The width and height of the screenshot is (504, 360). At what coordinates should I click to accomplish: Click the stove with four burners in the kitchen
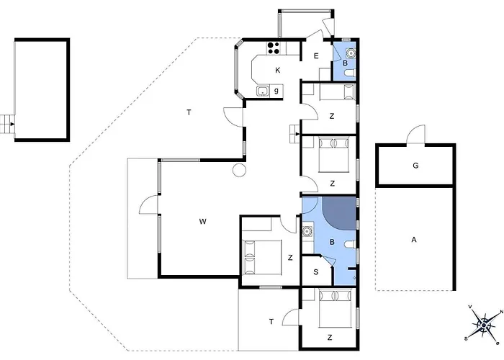point(274,48)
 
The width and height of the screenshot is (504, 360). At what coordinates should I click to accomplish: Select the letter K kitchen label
point(278,70)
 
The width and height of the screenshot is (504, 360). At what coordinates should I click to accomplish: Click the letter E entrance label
point(316,56)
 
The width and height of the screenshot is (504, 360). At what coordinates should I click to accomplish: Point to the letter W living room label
point(202,222)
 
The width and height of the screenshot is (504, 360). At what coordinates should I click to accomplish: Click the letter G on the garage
point(415,166)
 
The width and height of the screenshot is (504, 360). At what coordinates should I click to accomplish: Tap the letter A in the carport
point(414,240)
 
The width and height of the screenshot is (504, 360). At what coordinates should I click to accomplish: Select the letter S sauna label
point(316,272)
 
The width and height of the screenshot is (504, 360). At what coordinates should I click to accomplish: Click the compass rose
point(483,325)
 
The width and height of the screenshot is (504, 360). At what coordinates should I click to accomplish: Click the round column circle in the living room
point(240,169)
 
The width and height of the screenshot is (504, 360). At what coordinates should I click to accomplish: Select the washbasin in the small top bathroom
point(351,53)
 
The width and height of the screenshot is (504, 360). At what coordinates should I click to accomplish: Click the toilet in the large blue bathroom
point(350,245)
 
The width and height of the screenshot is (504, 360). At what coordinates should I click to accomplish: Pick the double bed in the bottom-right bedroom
point(334,308)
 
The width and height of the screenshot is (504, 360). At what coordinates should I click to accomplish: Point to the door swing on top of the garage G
point(415,135)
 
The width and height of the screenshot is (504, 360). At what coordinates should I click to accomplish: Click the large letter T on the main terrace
point(189,112)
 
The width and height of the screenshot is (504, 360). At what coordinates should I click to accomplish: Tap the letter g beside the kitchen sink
point(276,91)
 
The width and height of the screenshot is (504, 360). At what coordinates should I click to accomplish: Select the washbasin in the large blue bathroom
point(307,231)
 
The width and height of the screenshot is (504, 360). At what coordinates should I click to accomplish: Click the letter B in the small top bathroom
point(345,63)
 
